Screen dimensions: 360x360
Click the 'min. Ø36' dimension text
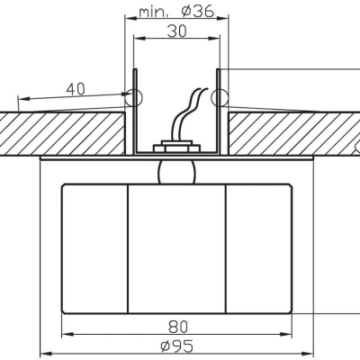click(176, 13)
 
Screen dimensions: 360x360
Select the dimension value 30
click(176, 30)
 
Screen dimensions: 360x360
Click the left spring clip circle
click(134, 96)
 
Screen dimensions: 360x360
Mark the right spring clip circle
click(219, 96)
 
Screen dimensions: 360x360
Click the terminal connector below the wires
click(176, 145)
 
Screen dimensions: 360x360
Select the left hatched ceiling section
click(63, 130)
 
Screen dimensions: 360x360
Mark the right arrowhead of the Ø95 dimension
click(310, 354)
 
